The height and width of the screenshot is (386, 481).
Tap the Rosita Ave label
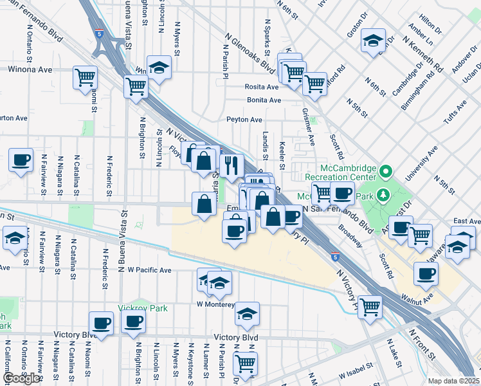261,86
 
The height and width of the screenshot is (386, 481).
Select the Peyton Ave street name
244,120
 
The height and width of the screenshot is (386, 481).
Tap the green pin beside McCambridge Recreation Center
385,172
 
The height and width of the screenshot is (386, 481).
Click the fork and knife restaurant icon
231,165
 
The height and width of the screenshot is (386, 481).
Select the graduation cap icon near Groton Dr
373,41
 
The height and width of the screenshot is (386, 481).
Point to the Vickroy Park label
142,308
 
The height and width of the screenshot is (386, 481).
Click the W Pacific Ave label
149,270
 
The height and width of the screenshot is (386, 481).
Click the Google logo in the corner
21,378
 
